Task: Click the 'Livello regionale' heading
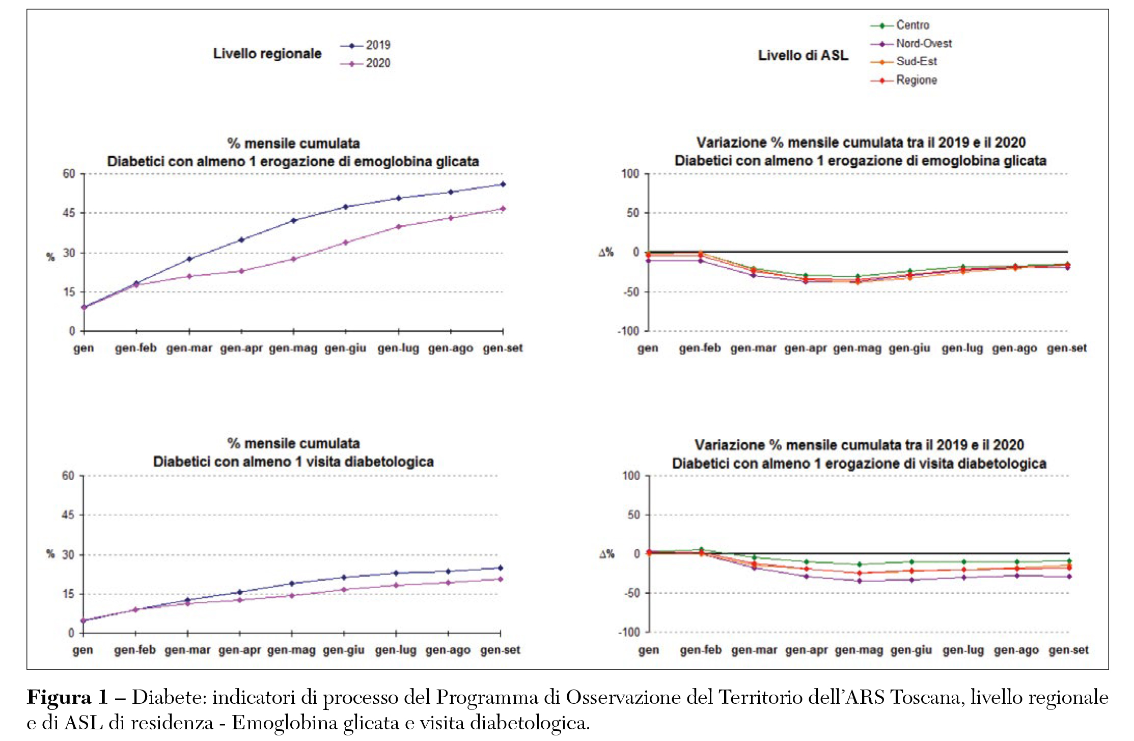coord(267,54)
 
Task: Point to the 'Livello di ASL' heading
coord(803,55)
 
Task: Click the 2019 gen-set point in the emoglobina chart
coord(503,184)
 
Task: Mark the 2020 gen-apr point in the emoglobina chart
coord(241,271)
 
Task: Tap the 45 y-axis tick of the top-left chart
coord(69,213)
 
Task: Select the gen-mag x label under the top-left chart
coord(293,349)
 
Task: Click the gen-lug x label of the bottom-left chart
coord(396,650)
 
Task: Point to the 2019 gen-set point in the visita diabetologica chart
coord(501,568)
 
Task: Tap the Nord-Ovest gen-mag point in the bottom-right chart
coord(860,581)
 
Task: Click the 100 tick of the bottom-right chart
coord(631,476)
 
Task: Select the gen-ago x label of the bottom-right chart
coord(1016,650)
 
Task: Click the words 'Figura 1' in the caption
coord(67,698)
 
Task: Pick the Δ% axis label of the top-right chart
coord(606,253)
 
